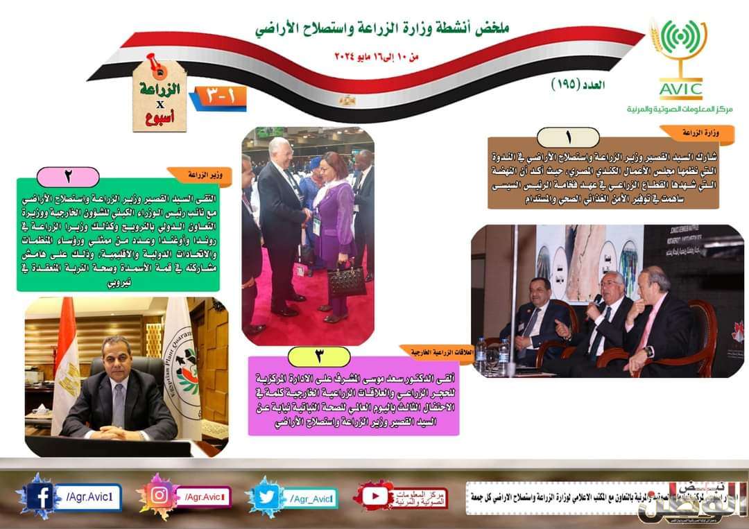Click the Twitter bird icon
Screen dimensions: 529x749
click(x=267, y=497)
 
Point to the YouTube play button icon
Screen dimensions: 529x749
click(x=374, y=496)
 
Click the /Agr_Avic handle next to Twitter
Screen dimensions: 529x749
click(x=312, y=497)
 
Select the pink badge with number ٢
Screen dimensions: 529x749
click(x=67, y=176)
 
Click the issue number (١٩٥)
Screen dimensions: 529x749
click(x=576, y=85)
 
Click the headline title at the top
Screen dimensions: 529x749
click(x=381, y=28)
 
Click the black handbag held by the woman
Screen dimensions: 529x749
click(x=346, y=280)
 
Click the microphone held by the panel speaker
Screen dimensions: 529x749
click(x=596, y=300)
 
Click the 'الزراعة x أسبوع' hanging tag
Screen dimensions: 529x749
click(x=160, y=98)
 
